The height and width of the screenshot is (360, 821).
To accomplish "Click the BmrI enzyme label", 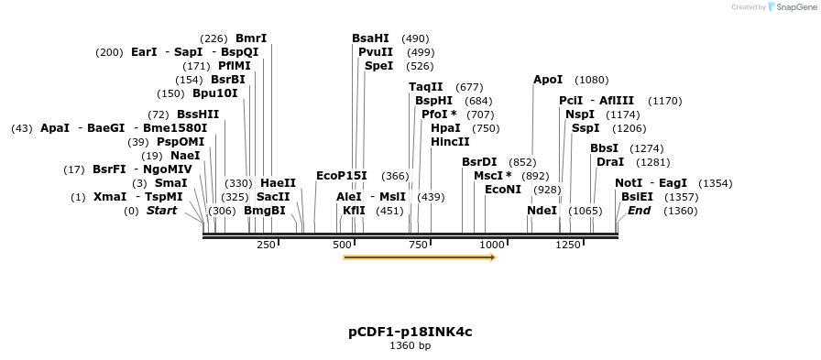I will click(x=251, y=38).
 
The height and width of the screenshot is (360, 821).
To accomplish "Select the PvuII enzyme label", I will click(x=376, y=52).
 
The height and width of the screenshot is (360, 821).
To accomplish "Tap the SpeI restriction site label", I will click(x=378, y=66).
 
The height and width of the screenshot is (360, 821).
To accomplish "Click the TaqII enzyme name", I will click(x=425, y=87).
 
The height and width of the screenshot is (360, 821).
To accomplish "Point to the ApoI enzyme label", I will click(x=548, y=80).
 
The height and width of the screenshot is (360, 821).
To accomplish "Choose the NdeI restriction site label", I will click(x=542, y=211).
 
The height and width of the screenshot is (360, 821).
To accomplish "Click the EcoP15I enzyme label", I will click(x=341, y=176).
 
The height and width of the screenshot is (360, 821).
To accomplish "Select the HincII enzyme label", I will click(x=450, y=142).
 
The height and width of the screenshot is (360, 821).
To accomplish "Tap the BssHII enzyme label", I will click(x=198, y=115).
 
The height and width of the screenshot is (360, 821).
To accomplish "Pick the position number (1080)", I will click(x=591, y=81).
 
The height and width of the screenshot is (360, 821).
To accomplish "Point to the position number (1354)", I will click(x=715, y=183).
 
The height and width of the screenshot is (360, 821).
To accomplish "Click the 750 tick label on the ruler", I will click(x=419, y=245).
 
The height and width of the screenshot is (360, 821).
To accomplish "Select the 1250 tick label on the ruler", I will click(x=568, y=245).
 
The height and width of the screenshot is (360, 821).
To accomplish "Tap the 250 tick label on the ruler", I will click(x=266, y=245).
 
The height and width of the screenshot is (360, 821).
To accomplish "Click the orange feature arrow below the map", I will click(x=419, y=257).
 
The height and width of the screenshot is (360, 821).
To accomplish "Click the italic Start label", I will click(x=161, y=211).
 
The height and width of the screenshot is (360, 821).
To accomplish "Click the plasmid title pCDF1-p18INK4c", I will click(x=410, y=331).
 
